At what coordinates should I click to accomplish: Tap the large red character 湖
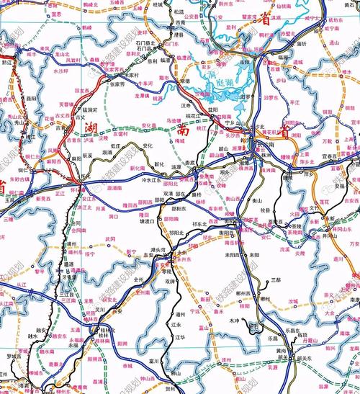(x=92, y=128)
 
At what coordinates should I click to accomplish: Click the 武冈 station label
(x=110, y=238)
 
